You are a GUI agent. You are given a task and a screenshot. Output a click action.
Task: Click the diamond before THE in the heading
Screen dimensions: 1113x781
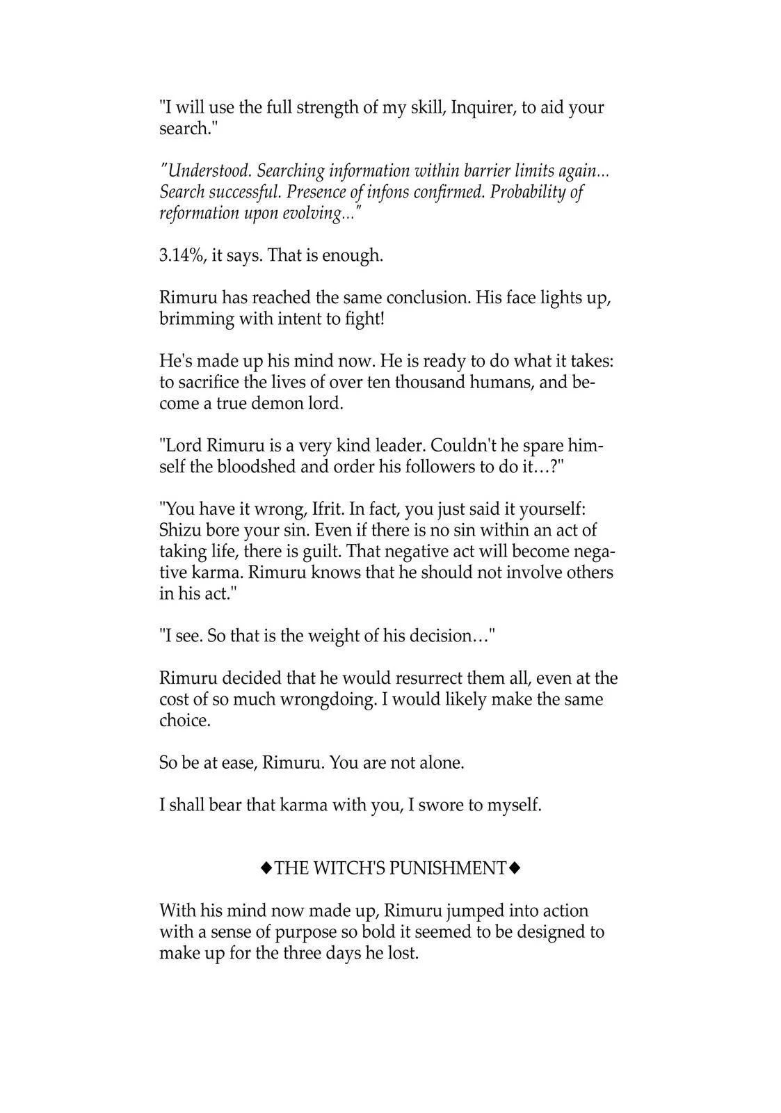coord(266,869)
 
